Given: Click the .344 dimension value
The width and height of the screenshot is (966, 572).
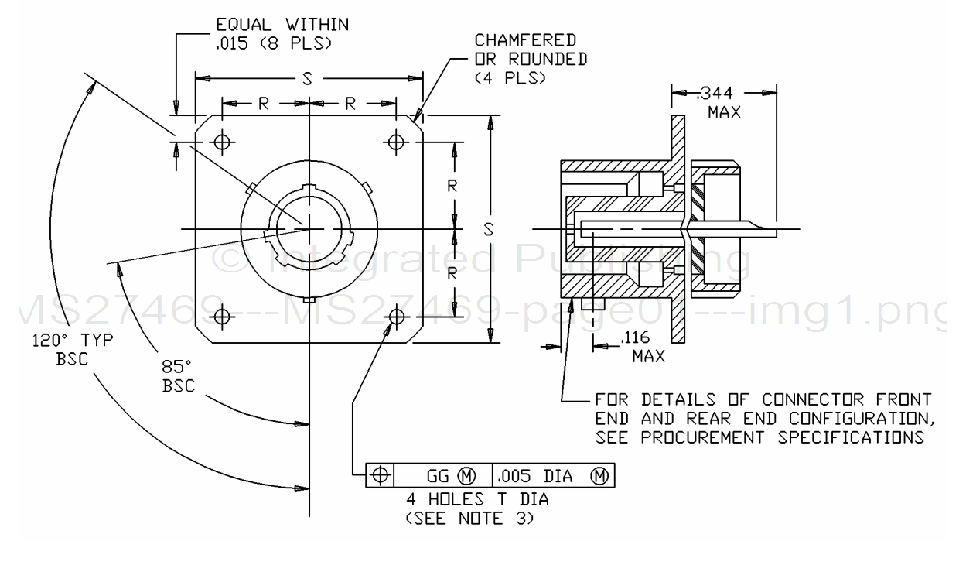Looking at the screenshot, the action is point(715,93).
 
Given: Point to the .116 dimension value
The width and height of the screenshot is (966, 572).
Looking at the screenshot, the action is point(635,337).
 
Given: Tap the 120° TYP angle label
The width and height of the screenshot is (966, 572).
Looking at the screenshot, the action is point(73,340).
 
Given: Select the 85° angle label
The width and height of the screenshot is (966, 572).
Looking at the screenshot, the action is point(176,367).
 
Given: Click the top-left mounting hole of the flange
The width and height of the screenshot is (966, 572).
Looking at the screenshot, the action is point(222,142).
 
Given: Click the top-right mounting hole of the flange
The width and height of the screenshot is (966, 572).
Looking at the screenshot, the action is point(396,142).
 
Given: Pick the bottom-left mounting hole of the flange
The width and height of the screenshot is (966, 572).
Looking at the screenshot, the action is point(222,317).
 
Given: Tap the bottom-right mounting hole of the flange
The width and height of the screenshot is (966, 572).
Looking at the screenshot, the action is point(396,317).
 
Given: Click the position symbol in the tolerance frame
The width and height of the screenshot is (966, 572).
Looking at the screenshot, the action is point(380,475).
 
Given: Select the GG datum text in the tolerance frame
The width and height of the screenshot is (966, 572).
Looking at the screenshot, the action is point(438,476).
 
